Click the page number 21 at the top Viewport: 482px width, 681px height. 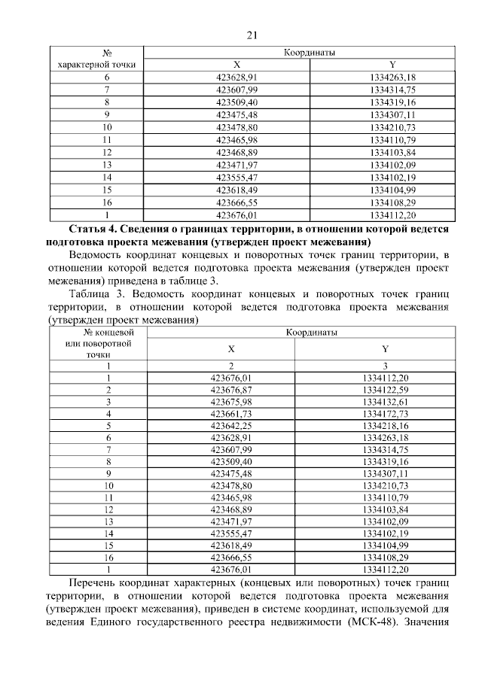pyautogui.click(x=252, y=35)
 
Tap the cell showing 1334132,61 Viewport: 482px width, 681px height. pyautogui.click(x=385, y=402)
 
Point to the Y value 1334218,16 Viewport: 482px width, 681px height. pyautogui.click(x=385, y=426)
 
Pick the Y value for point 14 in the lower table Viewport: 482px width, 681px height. pyautogui.click(x=385, y=534)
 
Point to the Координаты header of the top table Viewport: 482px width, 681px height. pyautogui.click(x=309, y=53)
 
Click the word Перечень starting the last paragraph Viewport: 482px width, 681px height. pyautogui.click(x=94, y=583)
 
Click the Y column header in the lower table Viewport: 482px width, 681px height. pyautogui.click(x=385, y=348)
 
